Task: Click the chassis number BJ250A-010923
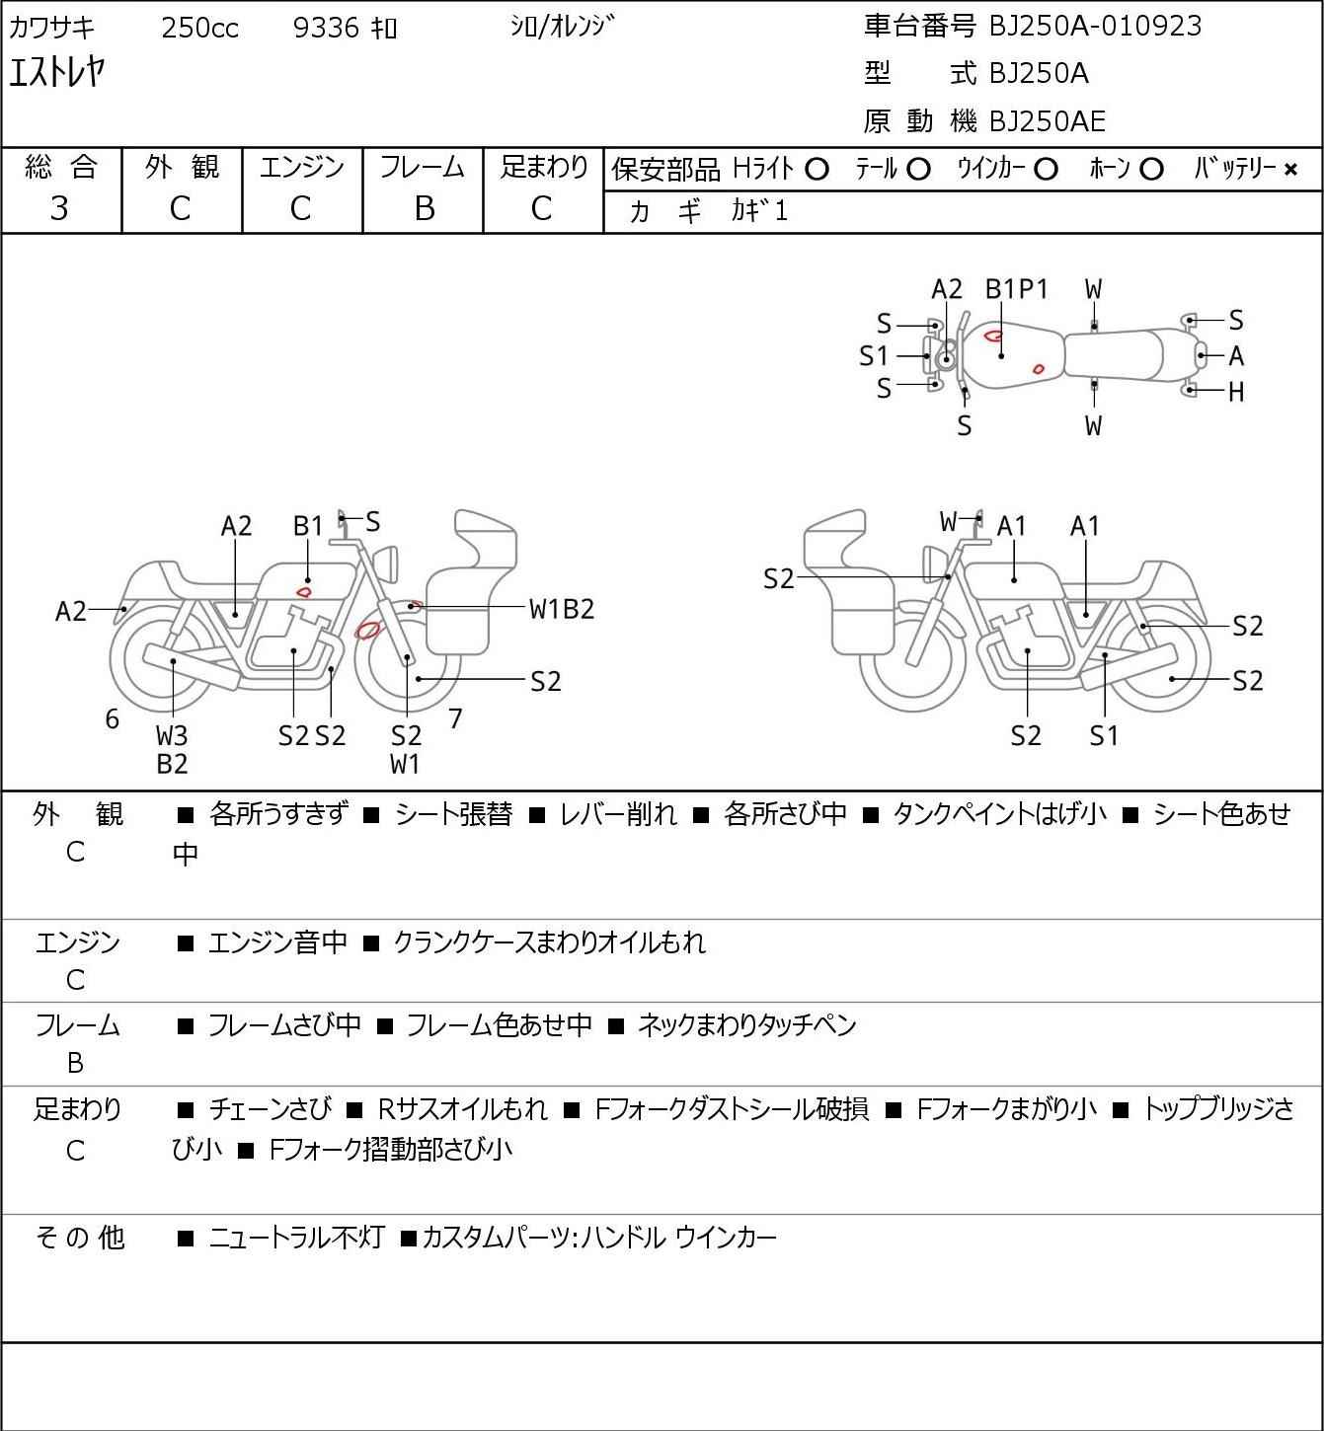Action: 1095,26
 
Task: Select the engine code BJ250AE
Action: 1047,121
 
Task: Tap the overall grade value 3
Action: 59,208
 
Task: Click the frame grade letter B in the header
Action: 424,208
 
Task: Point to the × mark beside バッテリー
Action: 1290,170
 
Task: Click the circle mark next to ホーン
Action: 1151,170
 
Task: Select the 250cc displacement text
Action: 199,28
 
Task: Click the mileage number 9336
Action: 326,28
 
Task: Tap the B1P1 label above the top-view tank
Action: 1016,289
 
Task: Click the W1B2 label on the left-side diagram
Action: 562,609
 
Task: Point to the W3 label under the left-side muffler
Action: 172,735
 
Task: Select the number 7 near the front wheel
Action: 455,718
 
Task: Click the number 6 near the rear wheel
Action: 113,718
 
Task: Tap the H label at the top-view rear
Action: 1235,392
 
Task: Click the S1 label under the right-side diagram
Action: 1104,735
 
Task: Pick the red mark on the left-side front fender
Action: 367,630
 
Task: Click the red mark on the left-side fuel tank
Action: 304,591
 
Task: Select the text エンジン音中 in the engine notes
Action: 277,942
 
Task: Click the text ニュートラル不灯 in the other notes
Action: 295,1237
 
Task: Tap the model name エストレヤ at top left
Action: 57,72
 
